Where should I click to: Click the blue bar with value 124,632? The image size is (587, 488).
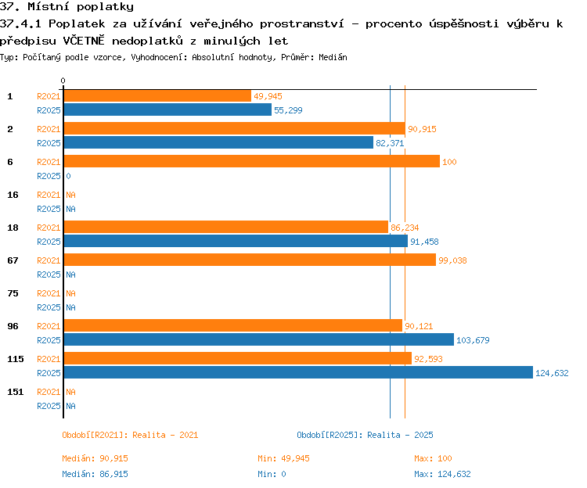(298, 372)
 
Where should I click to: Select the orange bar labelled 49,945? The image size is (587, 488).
(157, 95)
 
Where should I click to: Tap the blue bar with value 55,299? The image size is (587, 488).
(167, 109)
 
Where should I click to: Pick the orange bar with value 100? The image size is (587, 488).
(252, 161)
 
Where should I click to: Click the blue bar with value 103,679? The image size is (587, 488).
(259, 339)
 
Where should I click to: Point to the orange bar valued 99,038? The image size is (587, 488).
(250, 260)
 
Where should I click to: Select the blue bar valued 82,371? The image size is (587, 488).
(218, 142)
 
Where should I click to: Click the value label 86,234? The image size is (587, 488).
(405, 228)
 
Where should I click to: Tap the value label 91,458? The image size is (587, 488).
(424, 242)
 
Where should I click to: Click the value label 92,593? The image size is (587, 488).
(428, 359)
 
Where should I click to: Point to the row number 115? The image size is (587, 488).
(16, 359)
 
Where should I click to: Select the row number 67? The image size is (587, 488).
(13, 260)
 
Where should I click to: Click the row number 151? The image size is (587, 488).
(16, 392)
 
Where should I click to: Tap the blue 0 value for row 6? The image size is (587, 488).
(69, 176)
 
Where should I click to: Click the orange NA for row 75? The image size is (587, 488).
(70, 293)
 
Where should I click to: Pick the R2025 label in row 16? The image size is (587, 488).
(49, 209)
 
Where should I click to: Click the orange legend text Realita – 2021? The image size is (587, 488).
(165, 435)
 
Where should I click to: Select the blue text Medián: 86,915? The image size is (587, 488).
(95, 474)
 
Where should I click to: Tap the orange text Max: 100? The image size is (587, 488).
(433, 458)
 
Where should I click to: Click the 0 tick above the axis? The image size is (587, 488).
(63, 81)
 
